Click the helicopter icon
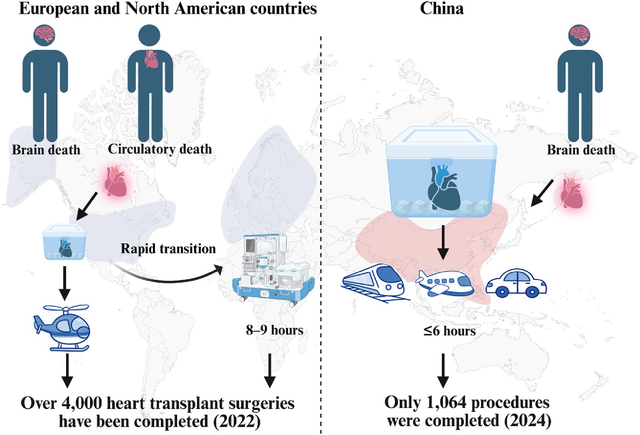point(62,328)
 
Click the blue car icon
point(516,283)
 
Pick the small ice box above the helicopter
point(64,242)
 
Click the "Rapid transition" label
point(168,249)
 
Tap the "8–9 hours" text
point(274,330)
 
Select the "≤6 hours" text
point(449,331)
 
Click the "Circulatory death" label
point(160,149)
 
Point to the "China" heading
point(442,9)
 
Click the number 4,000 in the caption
point(81,403)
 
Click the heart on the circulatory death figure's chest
point(151,59)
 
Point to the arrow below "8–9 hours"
point(270,371)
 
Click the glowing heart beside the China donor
point(572,193)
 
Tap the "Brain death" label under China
point(581,150)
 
